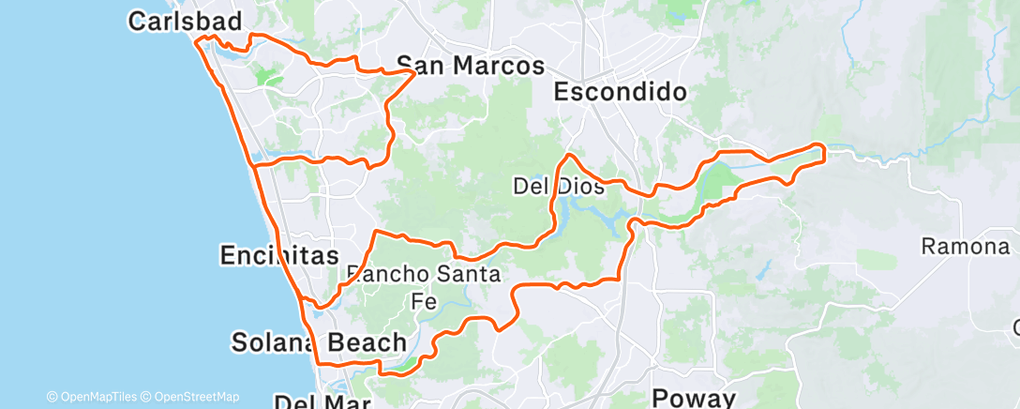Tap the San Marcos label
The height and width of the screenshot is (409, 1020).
point(486,66)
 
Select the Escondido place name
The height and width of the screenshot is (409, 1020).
point(620,91)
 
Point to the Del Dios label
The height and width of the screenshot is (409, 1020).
point(559,187)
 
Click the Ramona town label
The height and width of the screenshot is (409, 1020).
point(965,247)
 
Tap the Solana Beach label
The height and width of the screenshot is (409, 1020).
point(320,342)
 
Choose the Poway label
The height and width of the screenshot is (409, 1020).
point(694,398)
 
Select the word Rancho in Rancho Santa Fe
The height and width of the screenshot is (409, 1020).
point(387,274)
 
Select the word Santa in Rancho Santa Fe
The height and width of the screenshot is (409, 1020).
point(469,274)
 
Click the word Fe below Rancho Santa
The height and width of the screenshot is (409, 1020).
point(425,300)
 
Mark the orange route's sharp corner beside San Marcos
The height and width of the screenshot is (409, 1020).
point(415,71)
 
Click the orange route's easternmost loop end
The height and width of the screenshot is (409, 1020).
point(825,152)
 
